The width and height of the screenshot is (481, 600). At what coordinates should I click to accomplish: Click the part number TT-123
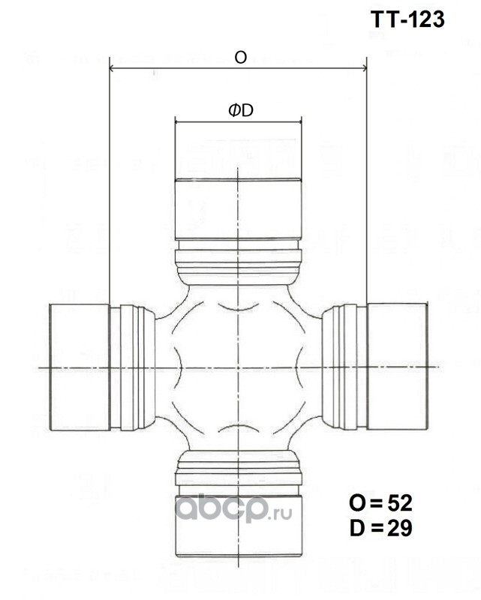point(407,19)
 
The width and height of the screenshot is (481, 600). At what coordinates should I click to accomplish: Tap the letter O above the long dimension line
point(240,58)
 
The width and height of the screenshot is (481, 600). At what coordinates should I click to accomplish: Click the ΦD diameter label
point(241,110)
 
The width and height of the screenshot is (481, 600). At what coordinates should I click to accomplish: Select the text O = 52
point(380,502)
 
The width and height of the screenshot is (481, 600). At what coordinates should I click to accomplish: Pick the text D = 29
point(380,528)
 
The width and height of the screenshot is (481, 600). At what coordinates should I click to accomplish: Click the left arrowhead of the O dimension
point(113,68)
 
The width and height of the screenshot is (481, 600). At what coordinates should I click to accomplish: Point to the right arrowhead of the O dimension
point(363,68)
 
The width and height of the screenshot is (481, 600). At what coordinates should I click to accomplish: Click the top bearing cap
point(238,209)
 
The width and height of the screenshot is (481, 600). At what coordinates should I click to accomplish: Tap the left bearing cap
point(80,367)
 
